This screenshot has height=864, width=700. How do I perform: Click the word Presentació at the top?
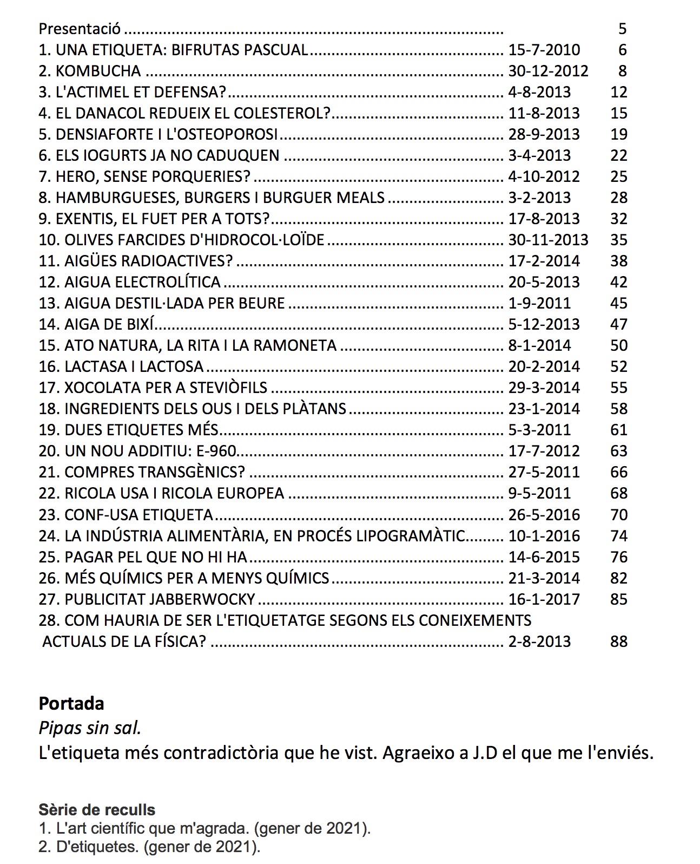tap(80, 29)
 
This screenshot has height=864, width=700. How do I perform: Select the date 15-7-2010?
tap(544, 50)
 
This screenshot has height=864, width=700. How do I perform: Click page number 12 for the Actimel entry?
tap(618, 92)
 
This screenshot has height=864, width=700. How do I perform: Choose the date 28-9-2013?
tap(544, 134)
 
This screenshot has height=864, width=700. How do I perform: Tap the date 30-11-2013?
tap(548, 240)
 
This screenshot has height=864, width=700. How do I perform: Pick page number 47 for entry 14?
tap(618, 324)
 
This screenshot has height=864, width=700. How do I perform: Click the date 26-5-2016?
tap(544, 515)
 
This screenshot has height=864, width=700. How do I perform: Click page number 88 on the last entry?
tap(618, 642)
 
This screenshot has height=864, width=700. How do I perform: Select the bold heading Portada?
tap(71, 704)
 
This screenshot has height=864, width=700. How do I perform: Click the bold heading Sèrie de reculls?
tap(97, 810)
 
